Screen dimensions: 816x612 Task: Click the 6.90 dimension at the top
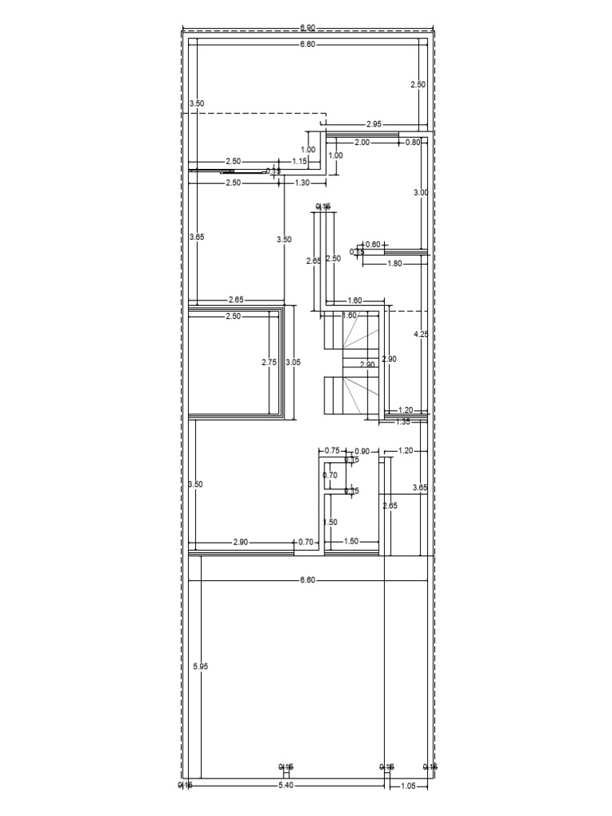coord(308,28)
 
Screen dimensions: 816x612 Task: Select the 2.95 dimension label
coord(375,124)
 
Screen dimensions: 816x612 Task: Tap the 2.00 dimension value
coord(362,143)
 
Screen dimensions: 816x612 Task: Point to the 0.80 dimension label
coord(413,143)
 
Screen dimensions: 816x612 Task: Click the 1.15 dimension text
coord(300,162)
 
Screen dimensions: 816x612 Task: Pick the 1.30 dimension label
coord(303,182)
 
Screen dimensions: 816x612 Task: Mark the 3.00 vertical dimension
coord(420,193)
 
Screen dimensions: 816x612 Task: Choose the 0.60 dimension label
coord(373,245)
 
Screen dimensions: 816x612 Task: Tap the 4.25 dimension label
coord(421,335)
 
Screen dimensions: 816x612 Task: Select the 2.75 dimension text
coord(269,362)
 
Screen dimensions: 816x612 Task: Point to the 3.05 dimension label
coord(293,362)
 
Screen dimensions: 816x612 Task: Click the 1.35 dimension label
coord(404,422)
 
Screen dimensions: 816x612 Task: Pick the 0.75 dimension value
coord(333,451)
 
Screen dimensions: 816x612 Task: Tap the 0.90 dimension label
coord(362,451)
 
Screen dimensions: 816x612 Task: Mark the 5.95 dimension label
coord(200,666)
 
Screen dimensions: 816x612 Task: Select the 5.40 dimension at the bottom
coord(287,786)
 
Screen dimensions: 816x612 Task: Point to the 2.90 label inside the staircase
coord(367,364)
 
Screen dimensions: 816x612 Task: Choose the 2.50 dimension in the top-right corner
coord(418,84)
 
